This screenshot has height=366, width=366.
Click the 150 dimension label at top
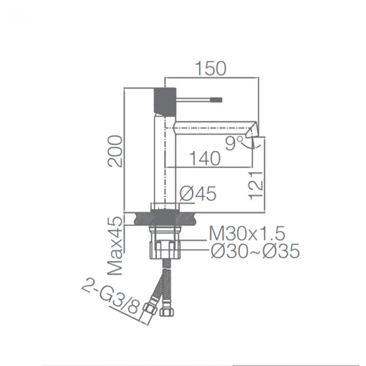(x=211, y=68)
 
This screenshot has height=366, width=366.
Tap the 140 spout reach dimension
(x=206, y=158)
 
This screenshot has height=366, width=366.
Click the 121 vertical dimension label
(x=256, y=185)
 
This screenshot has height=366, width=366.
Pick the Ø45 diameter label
(x=198, y=194)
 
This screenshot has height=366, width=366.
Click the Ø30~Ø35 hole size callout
(x=255, y=251)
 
